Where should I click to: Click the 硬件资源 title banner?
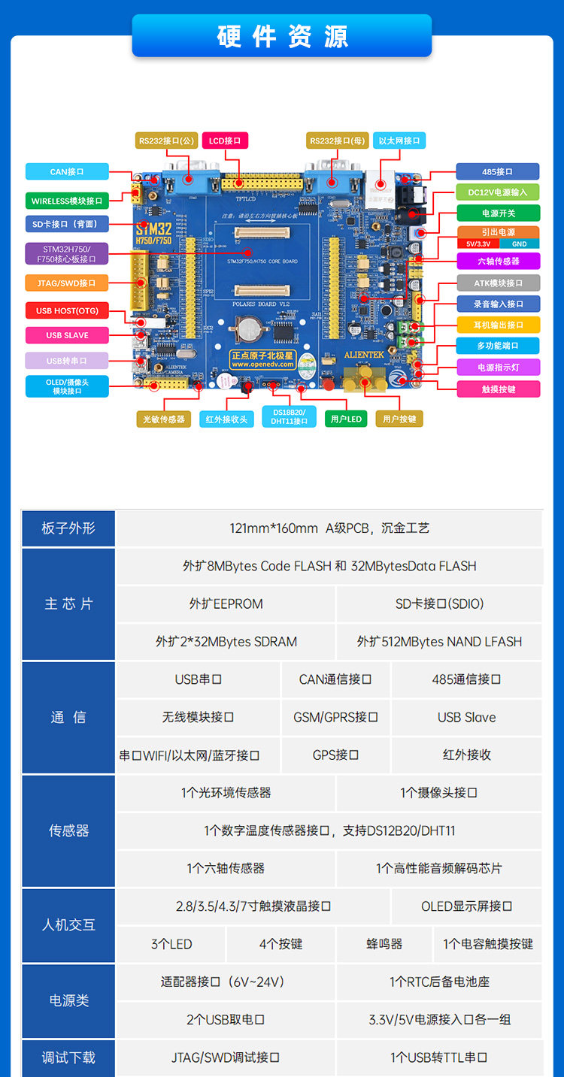point(282,36)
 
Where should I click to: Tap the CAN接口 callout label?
point(67,171)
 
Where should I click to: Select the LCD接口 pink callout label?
point(225,141)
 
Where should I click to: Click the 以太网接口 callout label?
point(399,141)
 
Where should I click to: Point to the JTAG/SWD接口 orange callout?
point(66,283)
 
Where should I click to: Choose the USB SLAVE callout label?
point(67,335)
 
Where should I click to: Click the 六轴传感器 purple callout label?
point(499,261)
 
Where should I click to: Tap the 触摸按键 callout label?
point(499,389)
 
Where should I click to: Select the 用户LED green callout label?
point(346,419)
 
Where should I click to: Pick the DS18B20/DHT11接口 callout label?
point(289,416)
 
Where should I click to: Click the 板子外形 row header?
point(68,528)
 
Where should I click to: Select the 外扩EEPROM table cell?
point(226,604)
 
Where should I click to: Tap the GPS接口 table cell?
point(335,755)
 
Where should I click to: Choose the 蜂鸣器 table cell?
point(384,944)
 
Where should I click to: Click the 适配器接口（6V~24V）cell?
point(226,982)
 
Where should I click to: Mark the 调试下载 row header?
point(68,1057)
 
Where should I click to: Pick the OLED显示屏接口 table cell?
point(466,906)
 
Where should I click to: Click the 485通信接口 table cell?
point(466,679)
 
